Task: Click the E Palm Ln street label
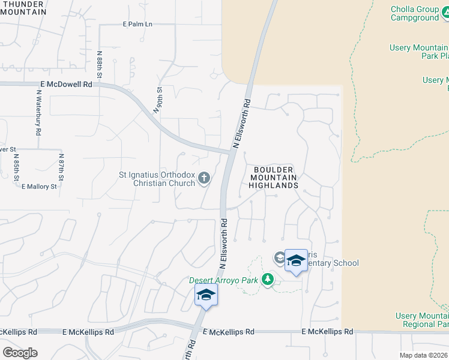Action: point(137,25)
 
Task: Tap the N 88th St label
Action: point(100,67)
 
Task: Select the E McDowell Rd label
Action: point(66,85)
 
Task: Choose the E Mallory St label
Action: point(38,187)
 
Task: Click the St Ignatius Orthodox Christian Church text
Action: point(157,179)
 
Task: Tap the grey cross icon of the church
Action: point(204,177)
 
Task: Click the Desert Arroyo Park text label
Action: point(223,280)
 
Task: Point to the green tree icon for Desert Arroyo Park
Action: point(268,279)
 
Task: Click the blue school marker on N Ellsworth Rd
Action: point(206,295)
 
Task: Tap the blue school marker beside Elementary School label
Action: point(296,261)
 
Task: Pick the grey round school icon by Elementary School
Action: point(279,257)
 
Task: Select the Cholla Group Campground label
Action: point(415,13)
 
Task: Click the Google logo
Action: point(19,353)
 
